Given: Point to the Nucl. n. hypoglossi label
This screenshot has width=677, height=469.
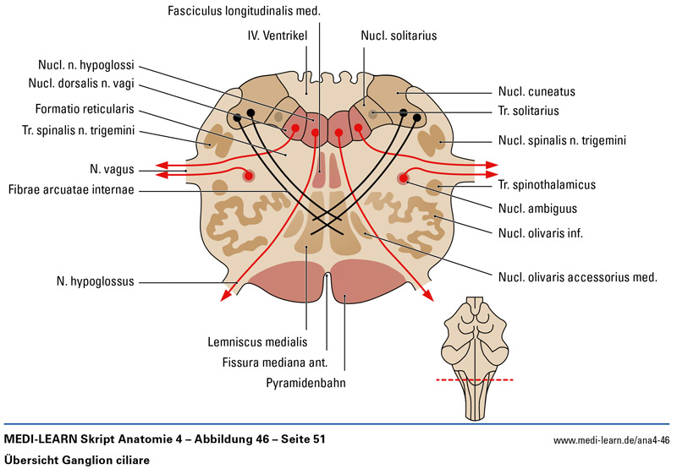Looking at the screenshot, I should click(x=86, y=64).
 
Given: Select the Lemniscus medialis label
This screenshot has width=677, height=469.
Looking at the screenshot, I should click(x=256, y=342).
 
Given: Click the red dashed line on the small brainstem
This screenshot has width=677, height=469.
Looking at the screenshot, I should click(x=477, y=381).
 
